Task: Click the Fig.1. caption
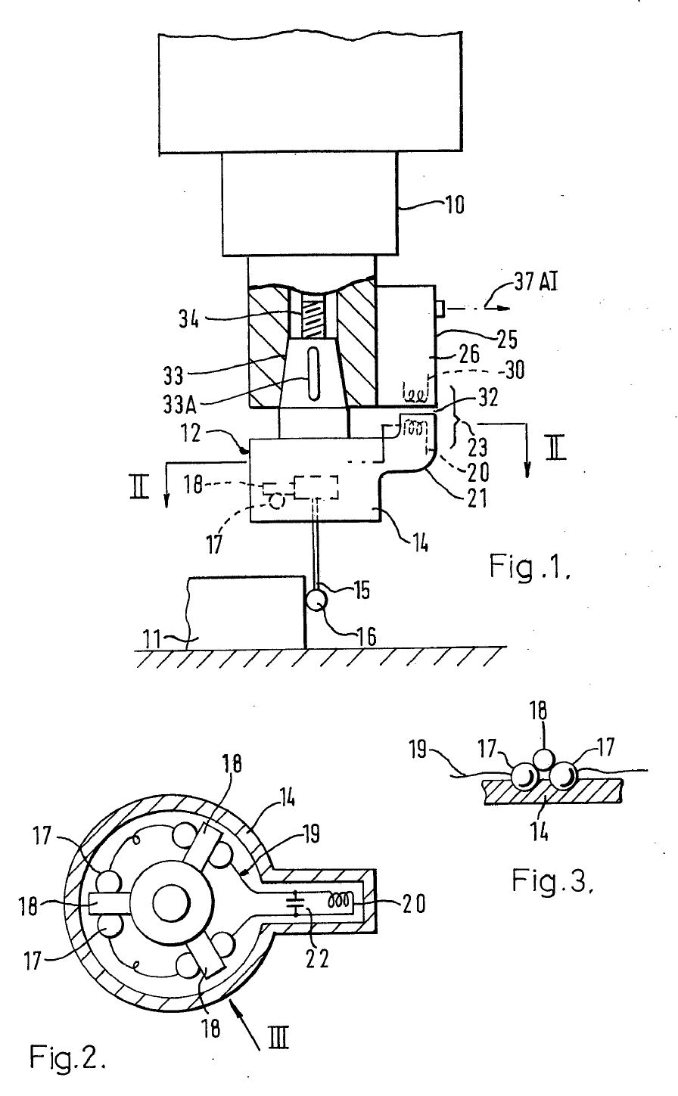530,567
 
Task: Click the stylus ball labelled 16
316,599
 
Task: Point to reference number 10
454,204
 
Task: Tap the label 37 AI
536,282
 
